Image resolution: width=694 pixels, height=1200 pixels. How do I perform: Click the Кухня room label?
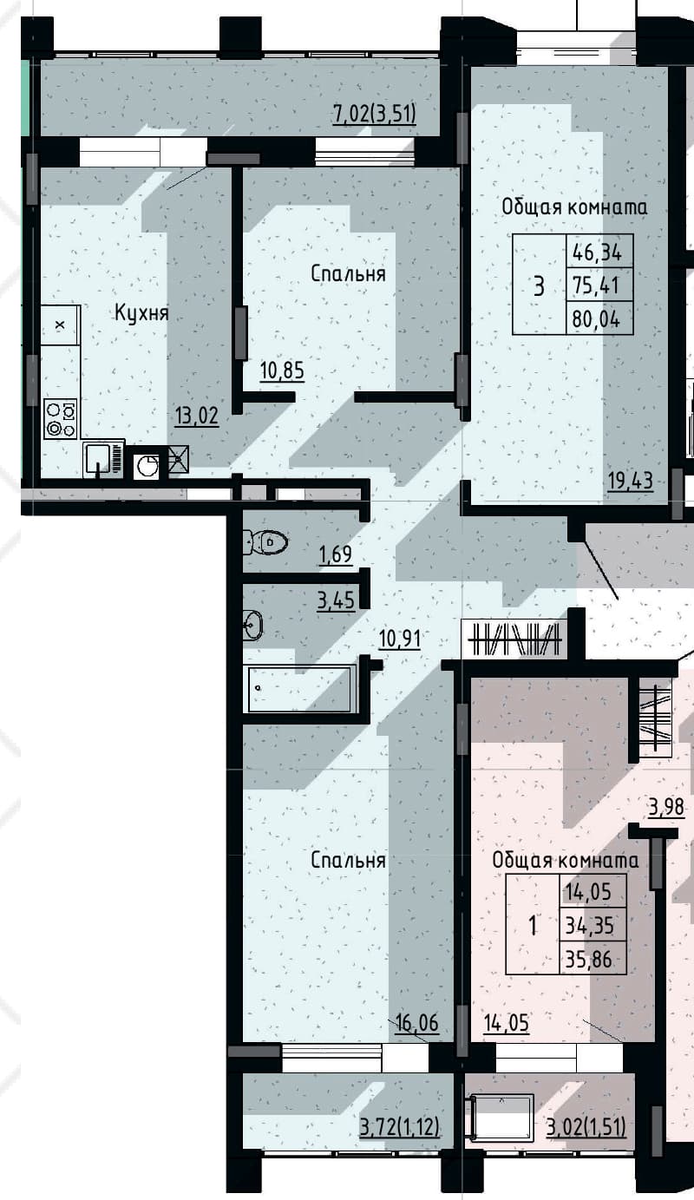pyautogui.click(x=141, y=314)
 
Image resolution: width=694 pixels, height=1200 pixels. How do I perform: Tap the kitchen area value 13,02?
pyautogui.click(x=197, y=416)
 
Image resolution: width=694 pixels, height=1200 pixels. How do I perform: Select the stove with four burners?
pyautogui.click(x=61, y=419)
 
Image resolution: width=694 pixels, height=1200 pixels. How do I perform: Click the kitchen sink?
pyautogui.click(x=103, y=458)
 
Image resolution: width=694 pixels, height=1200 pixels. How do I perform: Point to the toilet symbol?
pyautogui.click(x=265, y=542)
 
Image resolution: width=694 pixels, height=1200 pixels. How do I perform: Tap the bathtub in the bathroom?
pyautogui.click(x=300, y=689)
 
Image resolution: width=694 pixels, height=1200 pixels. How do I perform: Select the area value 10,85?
pyautogui.click(x=282, y=370)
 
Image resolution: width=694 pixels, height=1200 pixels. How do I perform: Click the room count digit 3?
pyautogui.click(x=540, y=286)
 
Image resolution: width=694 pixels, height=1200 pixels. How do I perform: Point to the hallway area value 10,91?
pyautogui.click(x=399, y=639)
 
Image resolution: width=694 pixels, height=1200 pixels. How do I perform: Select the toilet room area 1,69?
pyautogui.click(x=336, y=554)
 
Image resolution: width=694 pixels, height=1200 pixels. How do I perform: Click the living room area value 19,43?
pyautogui.click(x=631, y=481)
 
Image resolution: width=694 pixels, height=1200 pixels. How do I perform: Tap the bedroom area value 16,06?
pyautogui.click(x=417, y=1023)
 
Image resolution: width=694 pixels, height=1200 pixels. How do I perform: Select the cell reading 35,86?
pyautogui.click(x=593, y=961)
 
